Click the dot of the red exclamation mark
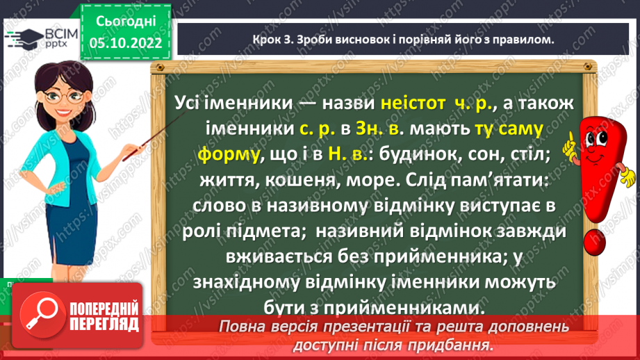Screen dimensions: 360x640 (x=597, y=243)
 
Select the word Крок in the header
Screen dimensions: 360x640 (x=261, y=40)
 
